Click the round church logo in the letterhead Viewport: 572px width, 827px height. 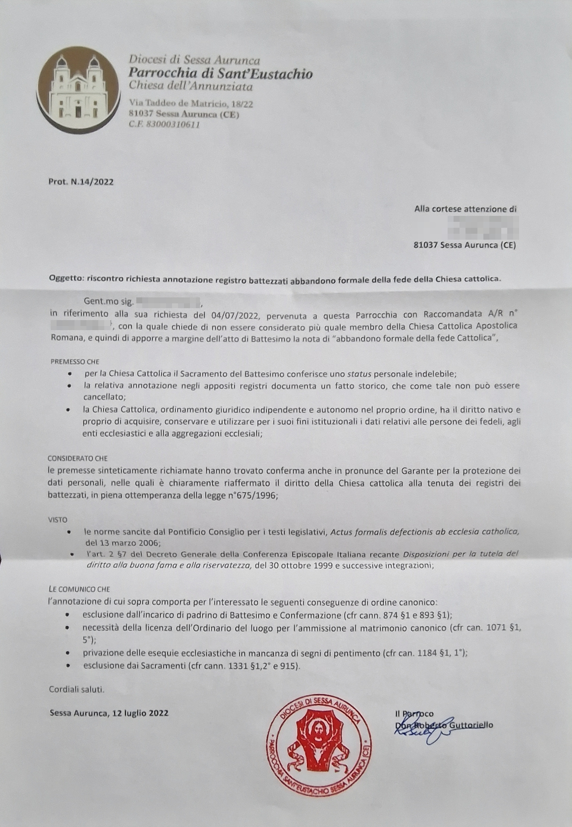click(x=78, y=89)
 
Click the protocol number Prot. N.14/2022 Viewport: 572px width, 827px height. click(x=81, y=182)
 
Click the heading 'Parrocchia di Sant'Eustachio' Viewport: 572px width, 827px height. click(x=220, y=73)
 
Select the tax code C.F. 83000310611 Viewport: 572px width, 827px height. click(x=164, y=125)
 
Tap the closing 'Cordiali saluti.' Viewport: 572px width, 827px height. click(x=77, y=689)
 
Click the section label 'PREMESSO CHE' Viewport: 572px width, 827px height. click(x=75, y=361)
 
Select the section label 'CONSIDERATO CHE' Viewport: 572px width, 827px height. click(x=77, y=458)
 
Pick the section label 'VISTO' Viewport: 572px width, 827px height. click(x=57, y=520)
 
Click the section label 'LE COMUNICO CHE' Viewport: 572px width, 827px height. click(x=79, y=589)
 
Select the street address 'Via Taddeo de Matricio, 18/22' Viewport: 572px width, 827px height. click(x=191, y=103)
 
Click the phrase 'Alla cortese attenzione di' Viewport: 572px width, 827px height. click(x=465, y=209)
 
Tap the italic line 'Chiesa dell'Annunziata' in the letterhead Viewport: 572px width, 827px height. click(x=191, y=86)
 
